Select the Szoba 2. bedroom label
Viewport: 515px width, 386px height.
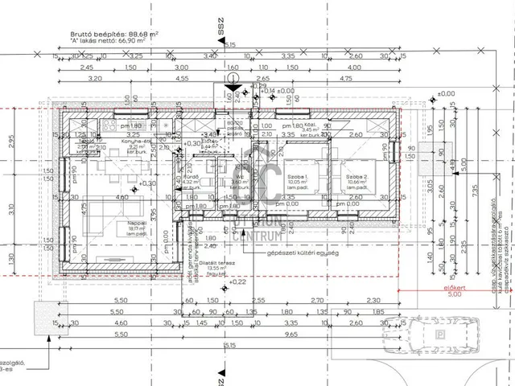356,176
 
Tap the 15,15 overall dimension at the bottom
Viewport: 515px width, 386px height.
229,343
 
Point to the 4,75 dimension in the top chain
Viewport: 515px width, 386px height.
346,80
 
